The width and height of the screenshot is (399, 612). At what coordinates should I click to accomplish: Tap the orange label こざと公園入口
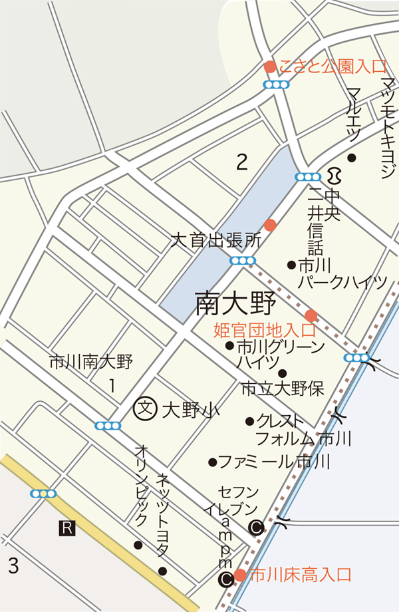click(x=332, y=67)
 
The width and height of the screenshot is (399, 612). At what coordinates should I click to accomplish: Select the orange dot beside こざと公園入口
click(x=270, y=67)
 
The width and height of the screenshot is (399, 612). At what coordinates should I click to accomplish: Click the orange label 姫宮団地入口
click(x=265, y=330)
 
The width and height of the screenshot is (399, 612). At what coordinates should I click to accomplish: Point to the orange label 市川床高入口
click(x=299, y=575)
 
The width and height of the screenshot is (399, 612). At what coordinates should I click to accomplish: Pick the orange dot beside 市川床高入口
click(x=240, y=575)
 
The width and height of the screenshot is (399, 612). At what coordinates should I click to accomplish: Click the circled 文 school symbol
click(x=144, y=408)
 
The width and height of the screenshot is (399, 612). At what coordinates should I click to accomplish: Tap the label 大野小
click(x=182, y=410)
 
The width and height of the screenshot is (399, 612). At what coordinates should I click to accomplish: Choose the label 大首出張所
click(x=214, y=239)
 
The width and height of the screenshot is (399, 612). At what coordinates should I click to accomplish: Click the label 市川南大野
click(x=91, y=363)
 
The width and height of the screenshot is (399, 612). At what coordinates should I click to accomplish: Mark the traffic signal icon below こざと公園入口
click(x=277, y=84)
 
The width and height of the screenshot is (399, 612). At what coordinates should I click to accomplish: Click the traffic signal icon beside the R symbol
click(x=43, y=494)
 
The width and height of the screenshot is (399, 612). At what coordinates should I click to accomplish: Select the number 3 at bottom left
click(x=13, y=566)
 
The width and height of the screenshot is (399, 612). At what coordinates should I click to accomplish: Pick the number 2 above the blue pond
click(x=242, y=162)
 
